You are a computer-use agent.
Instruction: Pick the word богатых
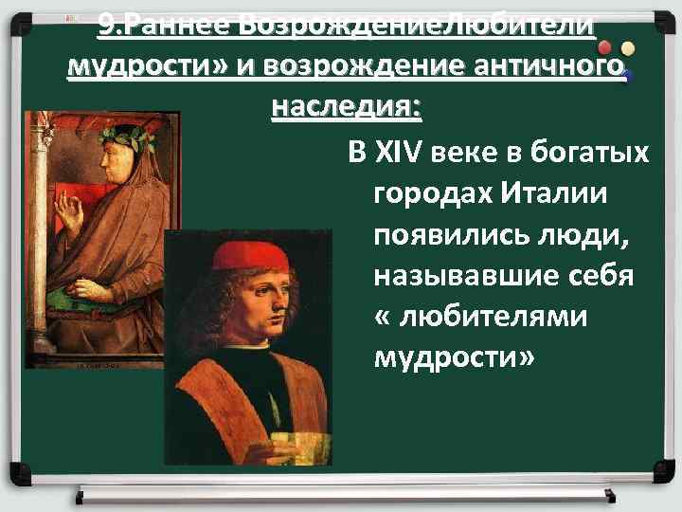[597, 151]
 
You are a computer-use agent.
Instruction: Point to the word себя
[605, 278]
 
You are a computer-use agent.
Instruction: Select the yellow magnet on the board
[628, 48]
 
